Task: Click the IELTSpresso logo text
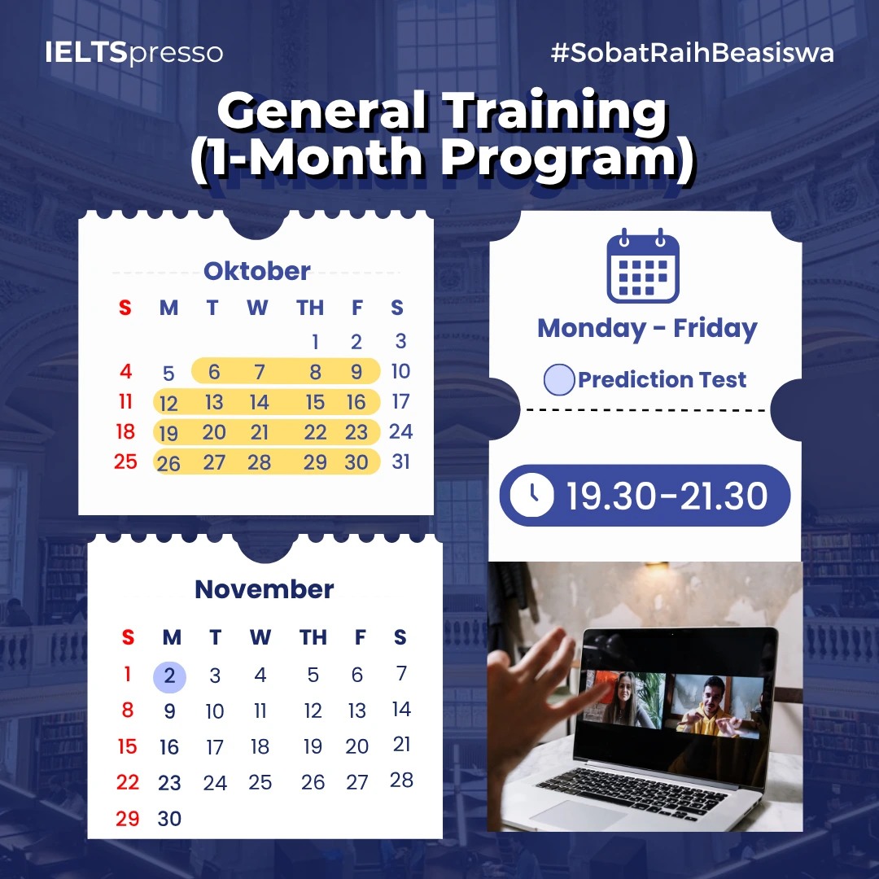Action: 134,53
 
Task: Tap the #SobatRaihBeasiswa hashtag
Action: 693,53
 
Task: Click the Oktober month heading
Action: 256,271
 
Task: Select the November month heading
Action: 264,589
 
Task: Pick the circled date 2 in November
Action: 169,676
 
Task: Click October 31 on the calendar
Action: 400,461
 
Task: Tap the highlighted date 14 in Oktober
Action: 259,402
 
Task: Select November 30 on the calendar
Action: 169,819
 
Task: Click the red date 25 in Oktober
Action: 125,461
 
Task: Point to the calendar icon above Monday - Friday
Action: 643,265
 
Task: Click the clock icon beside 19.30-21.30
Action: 531,495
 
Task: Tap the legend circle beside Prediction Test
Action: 559,379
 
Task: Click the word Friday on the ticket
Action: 715,329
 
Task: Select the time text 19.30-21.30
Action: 667,496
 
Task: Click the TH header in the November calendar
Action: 313,637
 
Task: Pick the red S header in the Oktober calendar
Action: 125,308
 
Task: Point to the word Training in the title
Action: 555,112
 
